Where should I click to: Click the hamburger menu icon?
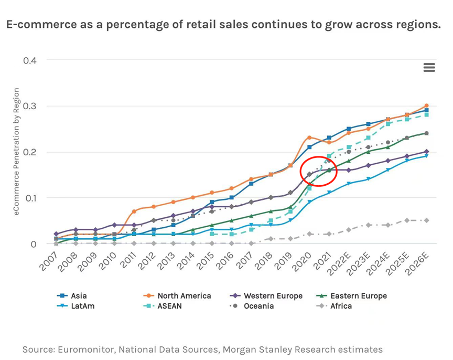[429, 67]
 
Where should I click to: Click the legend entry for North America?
[184, 295]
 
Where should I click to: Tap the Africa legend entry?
[341, 306]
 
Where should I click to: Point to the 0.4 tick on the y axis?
[30, 60]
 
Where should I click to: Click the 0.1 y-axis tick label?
[30, 198]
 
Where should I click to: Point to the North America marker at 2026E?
[426, 106]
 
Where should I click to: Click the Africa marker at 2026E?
[426, 220]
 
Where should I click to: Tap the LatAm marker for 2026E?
[426, 156]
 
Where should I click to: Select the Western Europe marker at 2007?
[56, 234]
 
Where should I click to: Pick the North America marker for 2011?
[134, 211]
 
